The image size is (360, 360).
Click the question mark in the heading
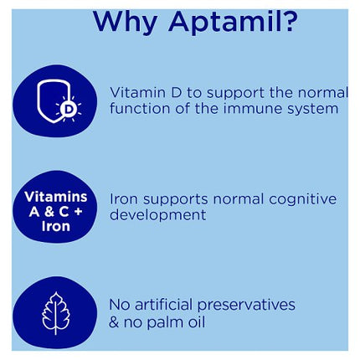[286, 20]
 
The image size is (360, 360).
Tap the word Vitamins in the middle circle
[54, 196]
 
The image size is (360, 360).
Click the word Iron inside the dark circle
[54, 226]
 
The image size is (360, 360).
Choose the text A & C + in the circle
[54, 211]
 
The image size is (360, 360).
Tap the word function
[139, 108]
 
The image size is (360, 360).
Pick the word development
[157, 215]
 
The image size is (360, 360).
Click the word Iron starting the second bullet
[124, 198]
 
